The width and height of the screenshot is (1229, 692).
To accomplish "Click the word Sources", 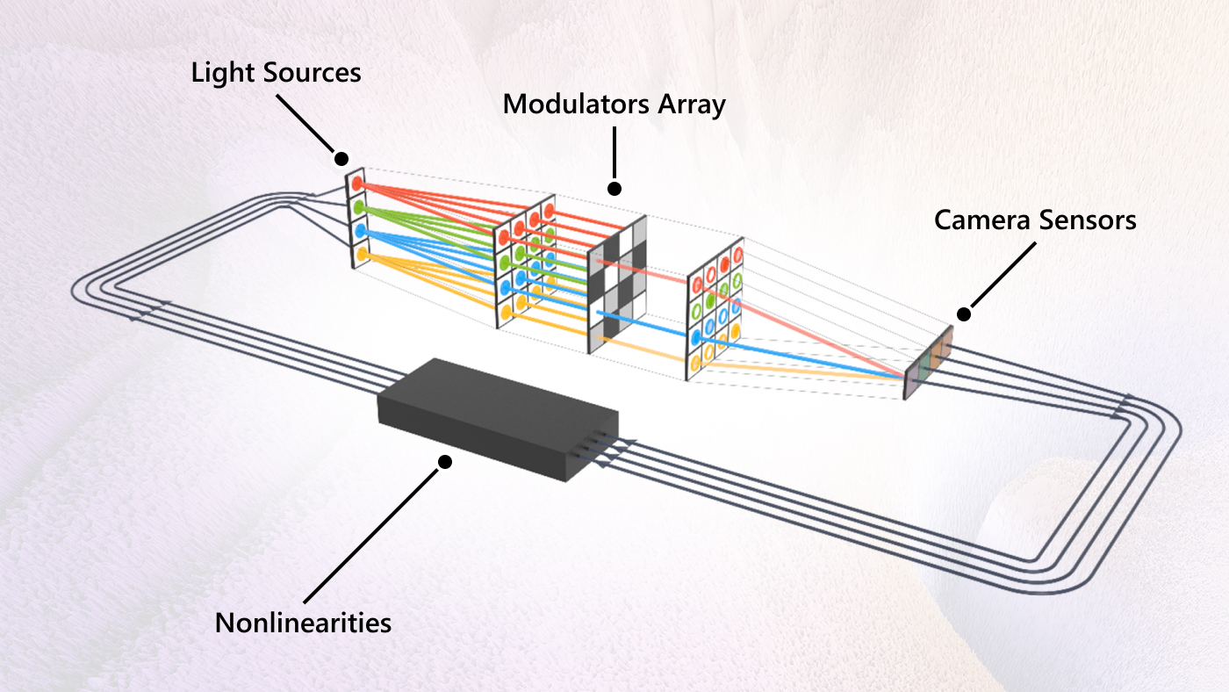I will (x=313, y=72).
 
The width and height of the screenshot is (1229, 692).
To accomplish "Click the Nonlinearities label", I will (x=303, y=623).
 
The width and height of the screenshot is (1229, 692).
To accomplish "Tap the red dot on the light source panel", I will (x=358, y=184).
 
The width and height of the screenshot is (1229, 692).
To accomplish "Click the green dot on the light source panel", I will (x=358, y=208).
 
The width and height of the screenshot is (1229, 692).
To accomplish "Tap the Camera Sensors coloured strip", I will (x=929, y=363).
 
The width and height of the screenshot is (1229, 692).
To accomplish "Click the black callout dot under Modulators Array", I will (x=614, y=188).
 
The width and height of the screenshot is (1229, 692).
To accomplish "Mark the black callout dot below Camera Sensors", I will (x=963, y=314).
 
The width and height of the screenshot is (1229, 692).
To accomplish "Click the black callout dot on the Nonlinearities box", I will (x=445, y=461).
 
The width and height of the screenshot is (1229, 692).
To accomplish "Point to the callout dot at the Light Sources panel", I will (x=341, y=159).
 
